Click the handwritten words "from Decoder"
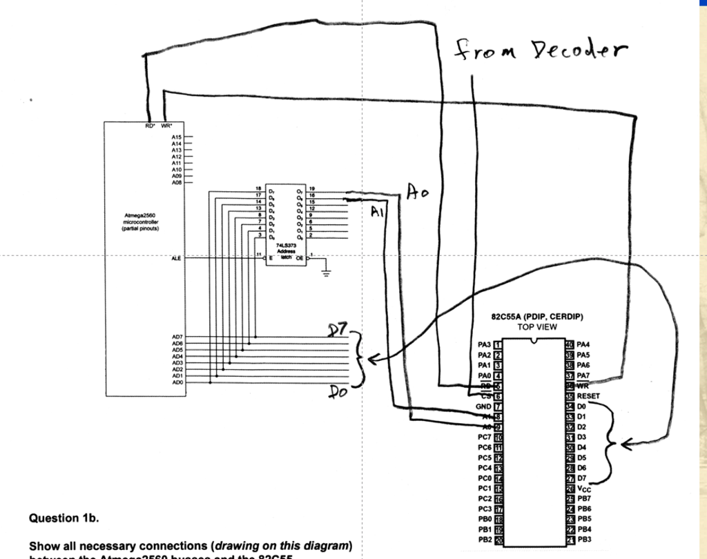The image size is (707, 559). click(541, 50)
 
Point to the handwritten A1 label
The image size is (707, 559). click(377, 212)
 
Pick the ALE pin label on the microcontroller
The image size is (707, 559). click(176, 258)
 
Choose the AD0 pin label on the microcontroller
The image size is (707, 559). click(177, 382)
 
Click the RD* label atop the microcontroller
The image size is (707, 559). click(150, 126)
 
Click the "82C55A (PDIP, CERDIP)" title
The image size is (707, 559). click(537, 317)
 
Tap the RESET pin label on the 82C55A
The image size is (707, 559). click(589, 396)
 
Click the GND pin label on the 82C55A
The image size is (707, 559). click(483, 406)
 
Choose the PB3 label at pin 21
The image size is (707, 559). click(585, 539)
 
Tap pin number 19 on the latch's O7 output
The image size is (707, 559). click(312, 188)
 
